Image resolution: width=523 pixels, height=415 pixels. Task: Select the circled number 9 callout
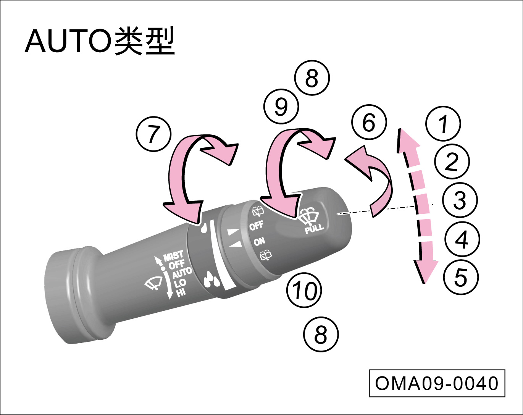[x=281, y=107]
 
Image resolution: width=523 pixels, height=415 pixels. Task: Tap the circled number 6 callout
[x=369, y=123]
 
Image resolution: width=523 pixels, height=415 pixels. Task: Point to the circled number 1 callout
[x=443, y=124]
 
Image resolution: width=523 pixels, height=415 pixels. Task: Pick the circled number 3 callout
[x=460, y=200]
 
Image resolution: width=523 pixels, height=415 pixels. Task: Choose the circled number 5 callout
[x=461, y=277]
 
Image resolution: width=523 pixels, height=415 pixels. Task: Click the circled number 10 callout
[x=304, y=291]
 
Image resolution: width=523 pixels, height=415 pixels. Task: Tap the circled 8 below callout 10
[x=321, y=335]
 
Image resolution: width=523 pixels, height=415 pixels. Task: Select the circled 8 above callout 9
[x=312, y=79]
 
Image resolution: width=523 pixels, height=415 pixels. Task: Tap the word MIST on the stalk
[x=174, y=256]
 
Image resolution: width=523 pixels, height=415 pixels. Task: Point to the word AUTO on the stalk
[x=182, y=273]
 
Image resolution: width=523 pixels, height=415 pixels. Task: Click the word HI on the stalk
[x=181, y=292]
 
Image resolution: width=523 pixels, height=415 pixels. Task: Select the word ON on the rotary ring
[x=259, y=241]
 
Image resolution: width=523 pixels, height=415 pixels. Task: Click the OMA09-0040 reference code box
[x=437, y=383]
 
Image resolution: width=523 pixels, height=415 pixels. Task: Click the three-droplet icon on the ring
[x=212, y=279]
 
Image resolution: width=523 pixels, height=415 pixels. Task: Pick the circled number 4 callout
[x=462, y=239]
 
